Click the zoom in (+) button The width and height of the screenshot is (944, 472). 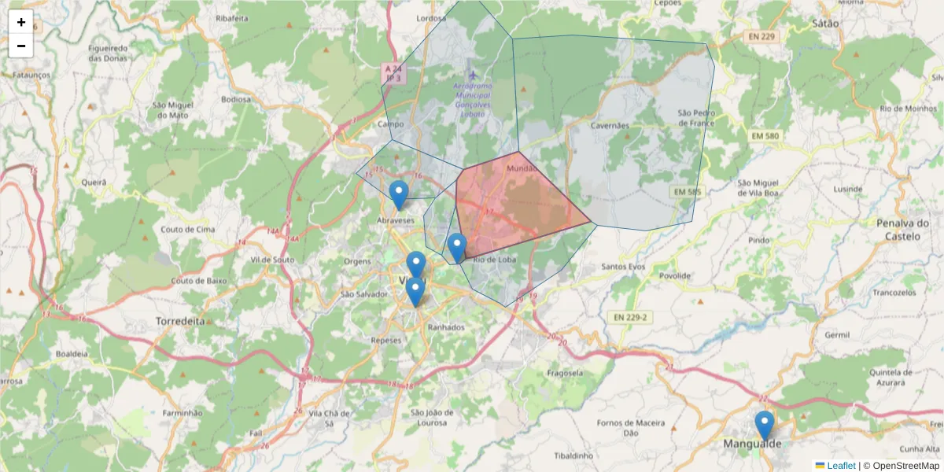pyautogui.click(x=21, y=22)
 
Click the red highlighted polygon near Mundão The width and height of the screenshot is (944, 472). pyautogui.click(x=519, y=205)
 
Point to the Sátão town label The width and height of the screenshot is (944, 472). pyautogui.click(x=825, y=24)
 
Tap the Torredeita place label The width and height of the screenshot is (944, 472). pyautogui.click(x=180, y=322)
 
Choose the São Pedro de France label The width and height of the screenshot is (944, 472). pyautogui.click(x=696, y=118)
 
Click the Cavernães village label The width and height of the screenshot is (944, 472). pyautogui.click(x=610, y=125)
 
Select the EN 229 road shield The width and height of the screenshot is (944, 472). pyautogui.click(x=762, y=36)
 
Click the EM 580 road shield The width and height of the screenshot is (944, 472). pyautogui.click(x=764, y=136)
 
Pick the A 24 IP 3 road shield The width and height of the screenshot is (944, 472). pyautogui.click(x=393, y=73)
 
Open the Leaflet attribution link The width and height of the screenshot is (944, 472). pyautogui.click(x=841, y=466)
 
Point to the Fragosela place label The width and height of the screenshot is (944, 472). pyautogui.click(x=565, y=372)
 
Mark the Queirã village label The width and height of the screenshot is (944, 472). pyautogui.click(x=94, y=182)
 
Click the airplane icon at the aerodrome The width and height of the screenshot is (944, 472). pyautogui.click(x=472, y=75)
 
